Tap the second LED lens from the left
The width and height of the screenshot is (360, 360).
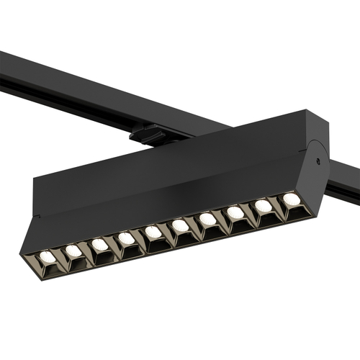point(73,251)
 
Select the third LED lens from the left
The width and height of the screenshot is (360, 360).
point(100,245)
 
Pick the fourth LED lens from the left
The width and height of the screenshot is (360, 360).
point(127,238)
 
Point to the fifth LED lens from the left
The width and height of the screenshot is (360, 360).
point(153,232)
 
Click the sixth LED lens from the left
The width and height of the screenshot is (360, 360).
point(180,226)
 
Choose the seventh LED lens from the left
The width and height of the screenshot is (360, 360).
point(207,219)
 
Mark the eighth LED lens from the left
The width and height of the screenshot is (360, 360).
point(235,212)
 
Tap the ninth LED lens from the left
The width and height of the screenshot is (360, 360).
point(263,206)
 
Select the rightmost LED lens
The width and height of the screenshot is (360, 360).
point(290,199)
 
